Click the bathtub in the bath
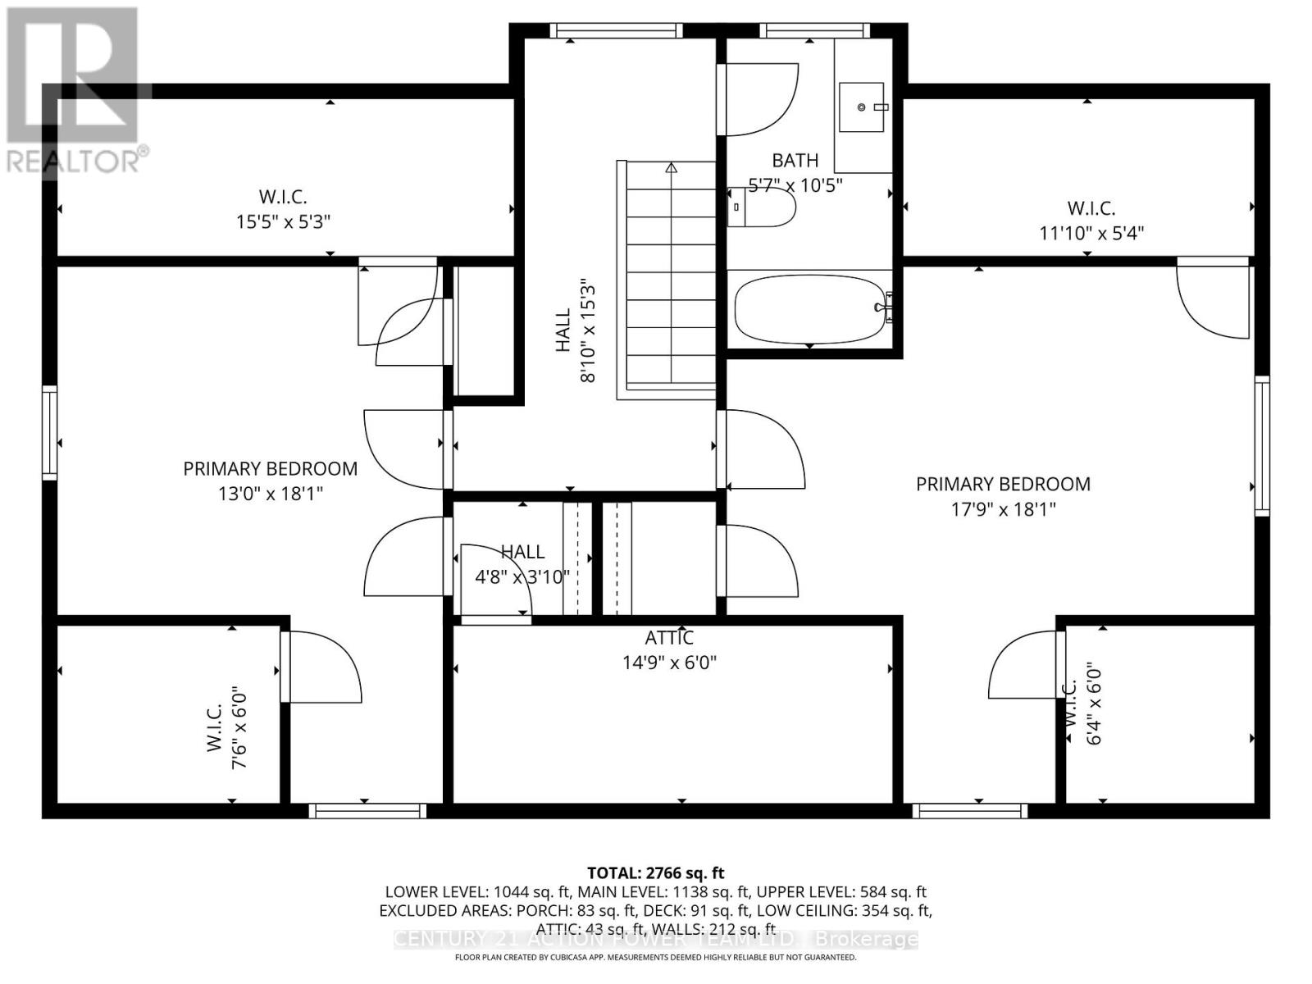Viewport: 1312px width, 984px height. (x=809, y=309)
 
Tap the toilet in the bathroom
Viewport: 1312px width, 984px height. (x=763, y=207)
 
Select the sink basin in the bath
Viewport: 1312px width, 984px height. (x=861, y=107)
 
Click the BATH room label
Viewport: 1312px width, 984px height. (x=795, y=161)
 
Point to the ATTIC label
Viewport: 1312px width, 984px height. (x=669, y=638)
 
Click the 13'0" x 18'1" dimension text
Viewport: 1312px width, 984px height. (x=270, y=494)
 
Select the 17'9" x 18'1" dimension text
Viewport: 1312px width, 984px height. (x=1003, y=509)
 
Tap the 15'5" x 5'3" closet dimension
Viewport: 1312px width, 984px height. (x=283, y=221)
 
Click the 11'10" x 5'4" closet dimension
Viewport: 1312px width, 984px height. (x=1091, y=233)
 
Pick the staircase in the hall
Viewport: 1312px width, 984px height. (x=671, y=279)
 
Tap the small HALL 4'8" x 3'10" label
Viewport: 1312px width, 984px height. (x=522, y=565)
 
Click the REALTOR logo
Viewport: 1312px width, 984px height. (x=74, y=90)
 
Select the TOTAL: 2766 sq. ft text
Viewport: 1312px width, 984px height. (x=655, y=873)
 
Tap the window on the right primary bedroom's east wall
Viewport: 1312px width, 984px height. (x=1262, y=445)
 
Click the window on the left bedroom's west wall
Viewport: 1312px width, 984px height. (x=50, y=432)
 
